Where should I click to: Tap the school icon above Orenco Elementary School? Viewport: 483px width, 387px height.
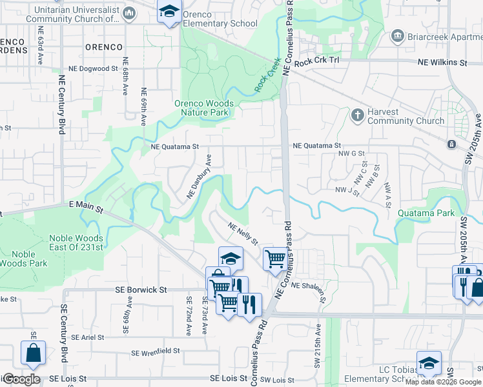(170, 12)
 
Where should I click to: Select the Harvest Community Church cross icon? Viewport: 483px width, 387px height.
(356, 115)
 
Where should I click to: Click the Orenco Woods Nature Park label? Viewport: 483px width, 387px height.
(203, 108)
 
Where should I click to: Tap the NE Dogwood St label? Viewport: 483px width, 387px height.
(94, 68)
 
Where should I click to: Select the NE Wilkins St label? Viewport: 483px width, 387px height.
(442, 63)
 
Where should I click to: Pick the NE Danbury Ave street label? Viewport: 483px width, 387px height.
(199, 176)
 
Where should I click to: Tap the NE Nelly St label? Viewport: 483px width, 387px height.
(243, 233)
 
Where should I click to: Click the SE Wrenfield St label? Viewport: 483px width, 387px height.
(155, 352)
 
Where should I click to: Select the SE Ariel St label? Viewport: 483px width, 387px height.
(88, 337)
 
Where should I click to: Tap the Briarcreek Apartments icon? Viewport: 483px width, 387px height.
(397, 36)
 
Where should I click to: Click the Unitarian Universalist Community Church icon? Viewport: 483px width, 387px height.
(130, 13)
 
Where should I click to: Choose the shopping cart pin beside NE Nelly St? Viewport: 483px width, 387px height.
(275, 259)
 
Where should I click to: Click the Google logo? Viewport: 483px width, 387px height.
(21, 379)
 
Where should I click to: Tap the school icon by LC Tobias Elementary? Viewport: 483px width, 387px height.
(429, 363)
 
